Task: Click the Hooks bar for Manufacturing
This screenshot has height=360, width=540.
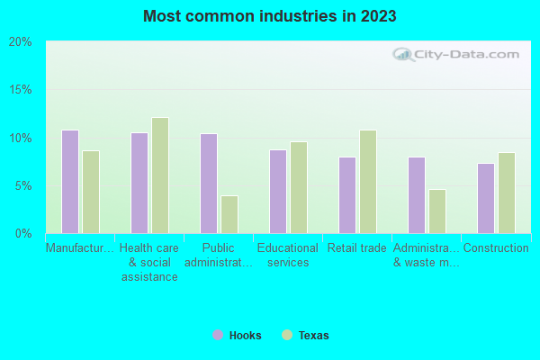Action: pyautogui.click(x=70, y=182)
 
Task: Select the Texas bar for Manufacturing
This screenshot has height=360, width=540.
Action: pyautogui.click(x=91, y=192)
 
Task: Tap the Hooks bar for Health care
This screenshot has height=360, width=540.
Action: pyautogui.click(x=139, y=183)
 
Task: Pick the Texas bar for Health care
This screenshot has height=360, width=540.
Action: pyautogui.click(x=160, y=175)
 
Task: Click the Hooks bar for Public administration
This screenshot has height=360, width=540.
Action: pyautogui.click(x=209, y=184)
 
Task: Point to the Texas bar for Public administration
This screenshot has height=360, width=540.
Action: pyautogui.click(x=229, y=214)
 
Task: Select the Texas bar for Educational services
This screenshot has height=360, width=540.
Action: pyautogui.click(x=299, y=187)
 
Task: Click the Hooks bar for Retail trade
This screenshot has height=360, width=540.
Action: pyautogui.click(x=347, y=195)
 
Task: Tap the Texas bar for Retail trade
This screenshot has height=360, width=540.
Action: pyautogui.click(x=368, y=182)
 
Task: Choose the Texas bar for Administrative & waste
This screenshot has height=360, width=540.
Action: pyautogui.click(x=437, y=211)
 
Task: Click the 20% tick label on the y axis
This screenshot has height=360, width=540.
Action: pyautogui.click(x=20, y=42)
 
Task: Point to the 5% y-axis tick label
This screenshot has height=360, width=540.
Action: pyautogui.click(x=22, y=186)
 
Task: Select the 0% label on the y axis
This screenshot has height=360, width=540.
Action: pyautogui.click(x=22, y=234)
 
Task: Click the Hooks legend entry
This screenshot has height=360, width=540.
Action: pyautogui.click(x=238, y=336)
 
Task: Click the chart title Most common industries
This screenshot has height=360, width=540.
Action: pyautogui.click(x=270, y=16)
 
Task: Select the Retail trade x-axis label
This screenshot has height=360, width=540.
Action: pyautogui.click(x=357, y=248)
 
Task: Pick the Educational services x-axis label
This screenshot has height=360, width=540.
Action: pyautogui.click(x=288, y=255)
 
